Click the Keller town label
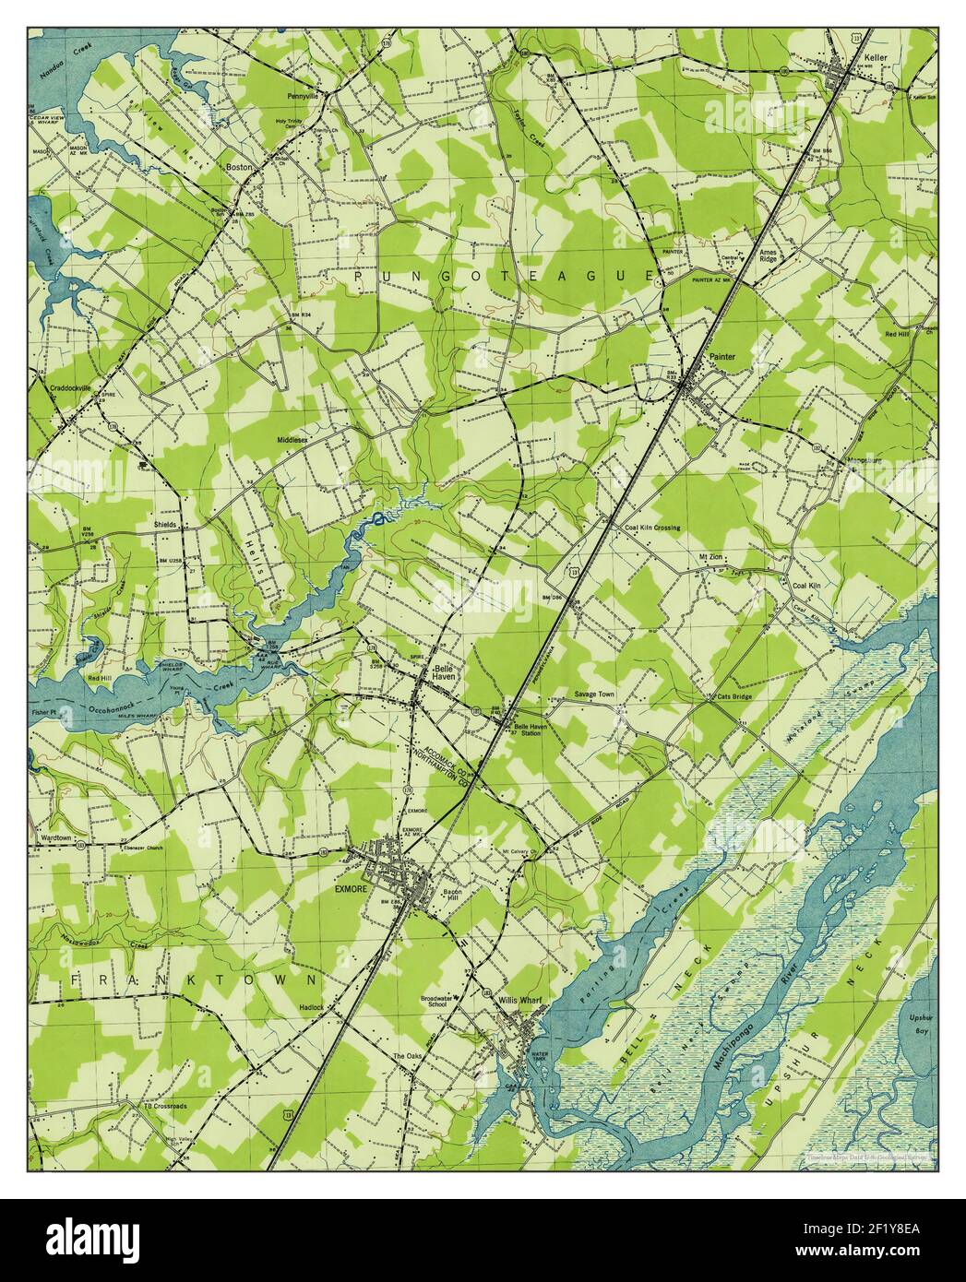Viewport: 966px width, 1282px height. [x=876, y=54]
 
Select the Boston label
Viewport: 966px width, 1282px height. [x=239, y=168]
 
